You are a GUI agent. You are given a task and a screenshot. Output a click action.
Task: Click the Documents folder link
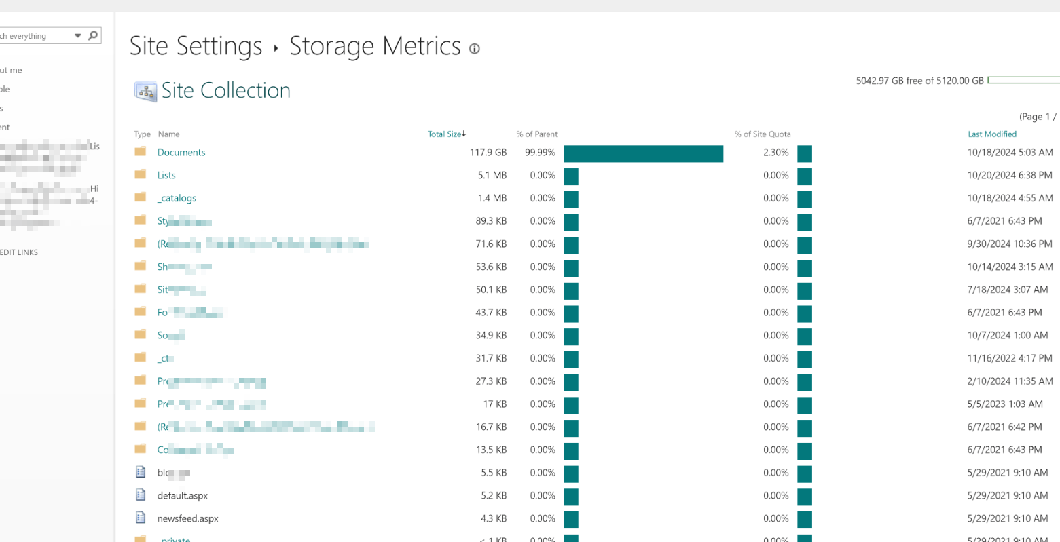181,153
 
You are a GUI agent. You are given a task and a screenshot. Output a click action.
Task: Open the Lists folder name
166,176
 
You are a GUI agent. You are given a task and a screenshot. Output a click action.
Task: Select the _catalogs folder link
178,199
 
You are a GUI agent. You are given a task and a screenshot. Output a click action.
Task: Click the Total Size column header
445,134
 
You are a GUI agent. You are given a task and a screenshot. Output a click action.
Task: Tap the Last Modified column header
992,134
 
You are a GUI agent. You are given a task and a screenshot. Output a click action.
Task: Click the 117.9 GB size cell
488,153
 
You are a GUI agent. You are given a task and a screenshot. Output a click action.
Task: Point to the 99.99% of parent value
540,153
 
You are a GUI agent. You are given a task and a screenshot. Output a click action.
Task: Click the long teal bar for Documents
643,154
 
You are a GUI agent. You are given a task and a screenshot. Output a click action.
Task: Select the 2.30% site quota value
775,153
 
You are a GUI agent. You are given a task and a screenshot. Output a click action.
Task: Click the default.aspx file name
183,496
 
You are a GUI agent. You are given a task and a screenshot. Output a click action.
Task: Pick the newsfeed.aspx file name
188,519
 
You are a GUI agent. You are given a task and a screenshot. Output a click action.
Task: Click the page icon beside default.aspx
141,495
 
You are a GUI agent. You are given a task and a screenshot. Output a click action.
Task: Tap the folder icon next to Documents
141,152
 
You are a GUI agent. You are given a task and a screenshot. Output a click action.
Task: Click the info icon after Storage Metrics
475,49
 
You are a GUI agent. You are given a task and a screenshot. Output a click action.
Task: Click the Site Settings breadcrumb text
196,46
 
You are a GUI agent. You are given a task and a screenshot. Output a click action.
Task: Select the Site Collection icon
145,91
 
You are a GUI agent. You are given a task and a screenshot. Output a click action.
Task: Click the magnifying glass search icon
93,35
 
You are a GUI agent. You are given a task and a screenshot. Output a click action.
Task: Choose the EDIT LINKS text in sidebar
19,252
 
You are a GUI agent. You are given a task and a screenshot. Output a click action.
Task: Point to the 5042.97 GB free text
919,81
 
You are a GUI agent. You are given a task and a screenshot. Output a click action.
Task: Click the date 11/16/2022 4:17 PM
1010,358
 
